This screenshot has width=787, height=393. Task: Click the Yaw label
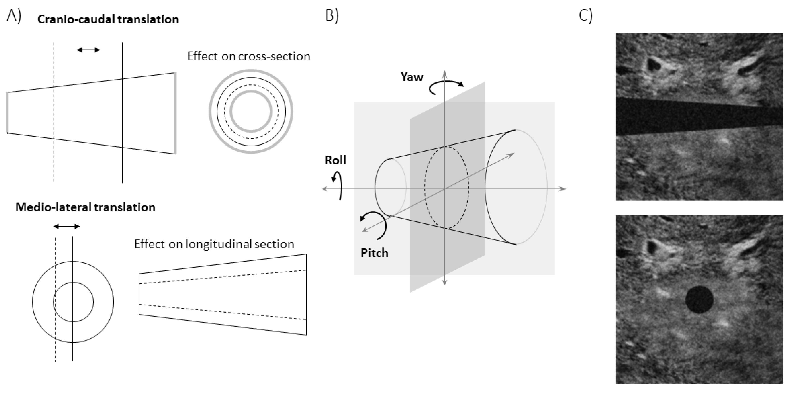pyautogui.click(x=412, y=77)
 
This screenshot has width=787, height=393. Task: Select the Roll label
pyautogui.click(x=335, y=160)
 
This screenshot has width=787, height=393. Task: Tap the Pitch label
pyautogui.click(x=374, y=253)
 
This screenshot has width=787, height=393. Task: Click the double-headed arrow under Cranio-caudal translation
pyautogui.click(x=88, y=50)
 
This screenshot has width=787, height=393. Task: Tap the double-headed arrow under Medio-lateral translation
pyautogui.click(x=67, y=226)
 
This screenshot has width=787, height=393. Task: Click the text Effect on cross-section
pyautogui.click(x=249, y=56)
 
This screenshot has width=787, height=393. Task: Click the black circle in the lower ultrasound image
pyautogui.click(x=699, y=299)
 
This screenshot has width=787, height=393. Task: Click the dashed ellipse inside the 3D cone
pyautogui.click(x=446, y=187)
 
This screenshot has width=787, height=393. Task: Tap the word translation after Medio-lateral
pyautogui.click(x=124, y=207)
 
